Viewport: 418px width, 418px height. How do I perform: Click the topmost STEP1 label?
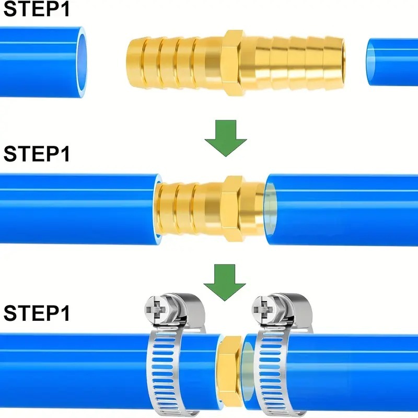pyautogui.click(x=37, y=9)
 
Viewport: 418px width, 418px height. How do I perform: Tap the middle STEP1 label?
pyautogui.click(x=37, y=154)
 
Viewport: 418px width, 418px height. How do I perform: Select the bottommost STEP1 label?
pyautogui.click(x=37, y=313)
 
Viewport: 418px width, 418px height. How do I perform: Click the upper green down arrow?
pyautogui.click(x=226, y=138)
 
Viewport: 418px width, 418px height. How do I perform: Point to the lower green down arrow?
pyautogui.click(x=225, y=283)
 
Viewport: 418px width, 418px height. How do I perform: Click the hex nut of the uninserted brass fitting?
pyautogui.click(x=231, y=63)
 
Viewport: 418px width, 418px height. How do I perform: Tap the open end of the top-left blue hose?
pyautogui.click(x=82, y=62)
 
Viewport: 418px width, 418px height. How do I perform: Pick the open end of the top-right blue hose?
pyautogui.click(x=371, y=62)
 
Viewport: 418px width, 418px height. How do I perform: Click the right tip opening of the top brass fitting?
pyautogui.click(x=342, y=63)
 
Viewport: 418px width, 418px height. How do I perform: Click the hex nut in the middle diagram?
pyautogui.click(x=231, y=208)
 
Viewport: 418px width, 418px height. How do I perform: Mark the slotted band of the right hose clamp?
pyautogui.click(x=272, y=373)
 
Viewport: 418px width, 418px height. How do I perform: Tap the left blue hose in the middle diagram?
pyautogui.click(x=80, y=208)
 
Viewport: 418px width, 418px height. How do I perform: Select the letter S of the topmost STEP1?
pyautogui.click(x=10, y=9)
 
